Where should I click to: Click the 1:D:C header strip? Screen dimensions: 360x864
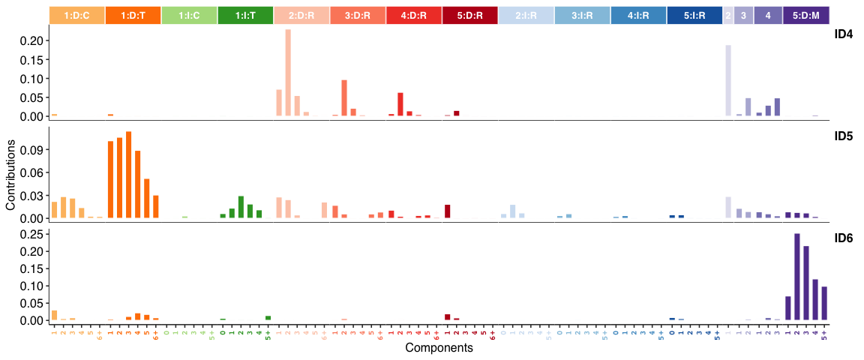pyautogui.click(x=77, y=15)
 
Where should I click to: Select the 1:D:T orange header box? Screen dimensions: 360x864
pyautogui.click(x=133, y=15)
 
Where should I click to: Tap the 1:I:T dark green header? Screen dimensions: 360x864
pyautogui.click(x=245, y=15)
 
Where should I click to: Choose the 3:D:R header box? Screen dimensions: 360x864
pyautogui.click(x=358, y=15)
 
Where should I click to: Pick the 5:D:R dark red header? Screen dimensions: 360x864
pyautogui.click(x=469, y=15)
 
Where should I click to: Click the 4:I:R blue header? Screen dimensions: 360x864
pyautogui.click(x=637, y=15)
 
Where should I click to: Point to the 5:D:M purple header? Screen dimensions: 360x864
pyautogui.click(x=806, y=15)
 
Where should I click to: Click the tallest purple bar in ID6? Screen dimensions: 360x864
pyautogui.click(x=796, y=277)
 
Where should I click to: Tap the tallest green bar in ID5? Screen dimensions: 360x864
pyautogui.click(x=241, y=207)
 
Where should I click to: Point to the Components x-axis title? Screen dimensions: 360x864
pyautogui.click(x=439, y=349)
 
